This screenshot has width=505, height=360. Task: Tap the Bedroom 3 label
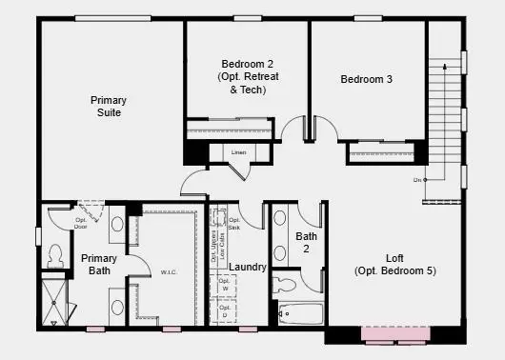pyautogui.click(x=367, y=79)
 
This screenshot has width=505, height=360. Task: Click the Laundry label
pyautogui.click(x=248, y=268)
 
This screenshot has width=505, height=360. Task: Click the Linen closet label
pyautogui.click(x=238, y=151)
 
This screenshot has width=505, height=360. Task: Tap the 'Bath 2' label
pyautogui.click(x=307, y=242)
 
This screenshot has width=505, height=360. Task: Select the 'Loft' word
pyautogui.click(x=394, y=258)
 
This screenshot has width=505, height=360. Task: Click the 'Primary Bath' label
pyautogui.click(x=98, y=265)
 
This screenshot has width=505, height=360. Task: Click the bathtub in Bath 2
pyautogui.click(x=298, y=311)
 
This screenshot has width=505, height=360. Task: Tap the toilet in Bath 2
pyautogui.click(x=286, y=283)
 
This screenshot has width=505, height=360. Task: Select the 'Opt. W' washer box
pyautogui.click(x=225, y=286)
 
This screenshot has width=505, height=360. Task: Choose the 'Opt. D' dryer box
pyautogui.click(x=225, y=310)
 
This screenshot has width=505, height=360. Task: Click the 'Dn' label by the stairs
pyautogui.click(x=417, y=180)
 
